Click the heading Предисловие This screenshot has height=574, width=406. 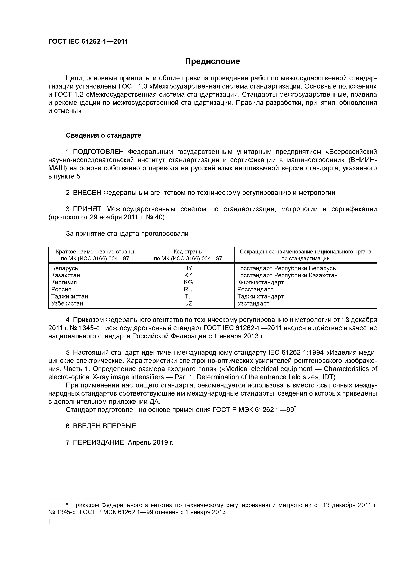click(212, 61)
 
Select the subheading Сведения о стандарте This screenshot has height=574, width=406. click(103, 135)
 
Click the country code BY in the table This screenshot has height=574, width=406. click(188, 268)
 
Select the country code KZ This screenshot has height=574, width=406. click(188, 275)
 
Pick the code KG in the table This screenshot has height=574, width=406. click(188, 282)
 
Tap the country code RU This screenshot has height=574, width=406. click(188, 289)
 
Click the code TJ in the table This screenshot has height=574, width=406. click(188, 296)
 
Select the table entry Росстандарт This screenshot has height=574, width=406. click(255, 289)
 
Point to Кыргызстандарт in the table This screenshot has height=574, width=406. click(260, 282)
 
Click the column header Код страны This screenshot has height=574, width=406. click(188, 251)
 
